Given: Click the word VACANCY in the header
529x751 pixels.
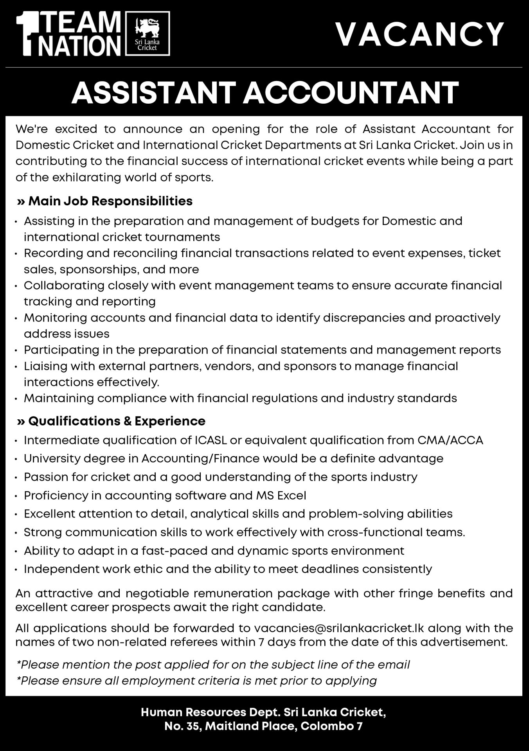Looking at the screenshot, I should tap(420, 34).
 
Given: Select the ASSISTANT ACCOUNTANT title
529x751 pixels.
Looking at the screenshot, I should tap(264, 93).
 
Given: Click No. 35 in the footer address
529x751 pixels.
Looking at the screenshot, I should tap(182, 726).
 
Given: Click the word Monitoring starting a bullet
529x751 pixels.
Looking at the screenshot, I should tap(55, 318).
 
